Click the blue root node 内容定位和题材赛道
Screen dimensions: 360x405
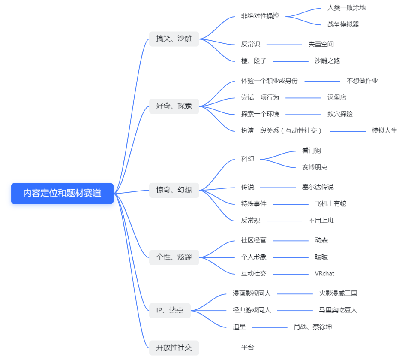[62, 193]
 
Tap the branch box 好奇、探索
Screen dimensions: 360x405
[174, 106]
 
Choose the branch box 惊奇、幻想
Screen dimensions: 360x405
[174, 189]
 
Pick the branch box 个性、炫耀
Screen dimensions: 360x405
[174, 257]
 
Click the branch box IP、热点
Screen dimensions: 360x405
[170, 310]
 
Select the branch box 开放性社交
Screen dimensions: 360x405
[174, 347]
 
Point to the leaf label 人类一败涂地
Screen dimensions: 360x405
[346, 8]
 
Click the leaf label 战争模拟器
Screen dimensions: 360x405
[343, 24]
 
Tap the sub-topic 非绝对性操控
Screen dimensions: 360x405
[260, 16]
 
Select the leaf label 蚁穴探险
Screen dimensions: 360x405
[340, 114]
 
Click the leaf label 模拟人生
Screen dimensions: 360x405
[384, 130]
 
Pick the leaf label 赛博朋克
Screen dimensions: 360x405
[315, 167]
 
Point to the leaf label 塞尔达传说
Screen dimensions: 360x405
[318, 187]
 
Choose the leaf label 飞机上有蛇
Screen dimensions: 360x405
[330, 204]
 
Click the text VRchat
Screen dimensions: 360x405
[324, 274]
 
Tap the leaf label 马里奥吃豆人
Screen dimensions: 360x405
[338, 310]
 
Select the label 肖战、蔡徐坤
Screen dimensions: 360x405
[312, 327]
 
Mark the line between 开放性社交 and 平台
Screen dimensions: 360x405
[217, 348]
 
